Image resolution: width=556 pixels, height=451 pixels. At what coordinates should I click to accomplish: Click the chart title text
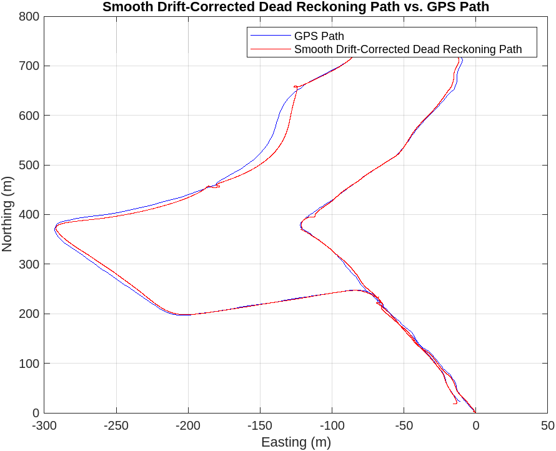coord(295,7)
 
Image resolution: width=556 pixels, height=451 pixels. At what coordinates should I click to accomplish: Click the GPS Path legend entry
coord(319,36)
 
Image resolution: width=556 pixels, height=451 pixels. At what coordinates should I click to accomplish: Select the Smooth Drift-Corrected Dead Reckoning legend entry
coord(407,49)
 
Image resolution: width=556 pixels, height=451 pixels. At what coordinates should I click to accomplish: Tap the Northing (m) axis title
coord(7,214)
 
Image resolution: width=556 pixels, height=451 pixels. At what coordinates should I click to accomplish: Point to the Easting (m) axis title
coord(295,442)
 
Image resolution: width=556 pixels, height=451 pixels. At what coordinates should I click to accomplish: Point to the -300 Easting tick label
coord(44,426)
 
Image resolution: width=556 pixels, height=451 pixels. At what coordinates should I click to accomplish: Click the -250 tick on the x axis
coord(116,426)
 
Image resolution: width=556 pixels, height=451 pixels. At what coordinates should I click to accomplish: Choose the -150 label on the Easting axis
coord(260,426)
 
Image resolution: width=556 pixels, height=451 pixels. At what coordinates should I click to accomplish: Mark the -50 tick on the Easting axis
coord(404,426)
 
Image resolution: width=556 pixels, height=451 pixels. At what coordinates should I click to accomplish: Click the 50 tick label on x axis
coord(547,426)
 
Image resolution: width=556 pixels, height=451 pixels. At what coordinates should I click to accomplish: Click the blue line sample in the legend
coord(270,36)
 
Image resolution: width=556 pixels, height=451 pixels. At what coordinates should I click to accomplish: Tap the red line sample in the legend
coord(270,49)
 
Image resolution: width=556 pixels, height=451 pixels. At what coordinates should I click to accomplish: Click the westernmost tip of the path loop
coord(54,229)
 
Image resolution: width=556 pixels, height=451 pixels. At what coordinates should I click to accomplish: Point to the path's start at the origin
coord(475,412)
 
